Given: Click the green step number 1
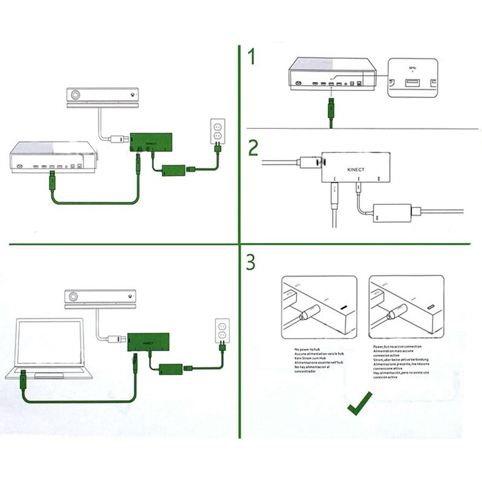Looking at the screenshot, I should click(252, 58).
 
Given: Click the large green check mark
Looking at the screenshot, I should click(360, 403).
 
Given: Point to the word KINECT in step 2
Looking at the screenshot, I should click(356, 171).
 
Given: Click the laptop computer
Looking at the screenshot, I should click(45, 349).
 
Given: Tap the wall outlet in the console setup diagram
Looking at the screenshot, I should click(217, 132).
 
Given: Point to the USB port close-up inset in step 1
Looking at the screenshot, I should click(413, 78).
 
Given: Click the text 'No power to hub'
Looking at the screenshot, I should click(310, 349).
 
